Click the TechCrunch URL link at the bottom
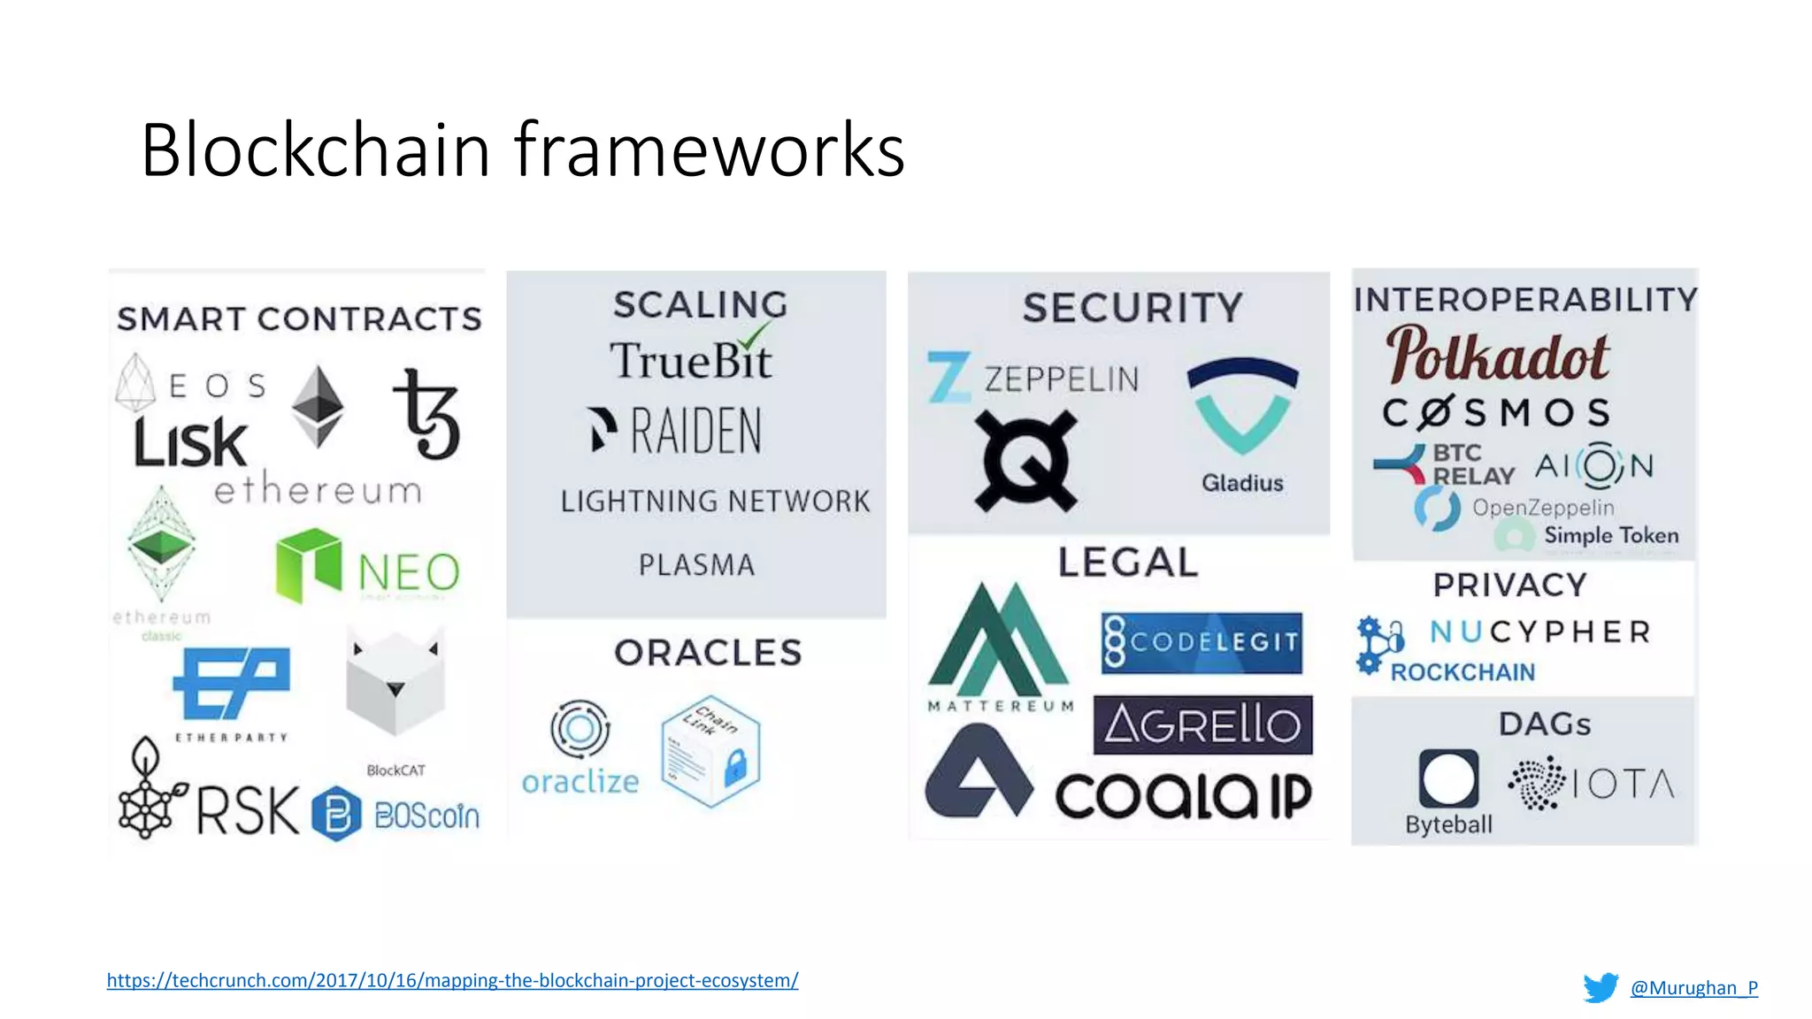pos(452,980)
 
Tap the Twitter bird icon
pos(1601,987)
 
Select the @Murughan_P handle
pos(1693,987)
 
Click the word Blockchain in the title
pos(315,150)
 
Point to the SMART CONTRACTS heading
pos(299,319)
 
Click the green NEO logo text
pos(409,573)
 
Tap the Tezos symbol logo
pos(428,414)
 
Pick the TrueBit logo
pos(691,359)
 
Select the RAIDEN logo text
pos(695,432)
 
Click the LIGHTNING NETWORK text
pos(715,502)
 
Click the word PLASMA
pos(696,565)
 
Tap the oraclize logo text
pos(580,782)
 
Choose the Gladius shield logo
pos(1242,407)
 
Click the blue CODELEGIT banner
pos(1202,642)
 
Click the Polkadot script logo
pos(1497,356)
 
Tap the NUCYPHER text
pos(1540,632)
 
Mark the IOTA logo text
pos(1624,784)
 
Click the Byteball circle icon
pos(1448,778)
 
